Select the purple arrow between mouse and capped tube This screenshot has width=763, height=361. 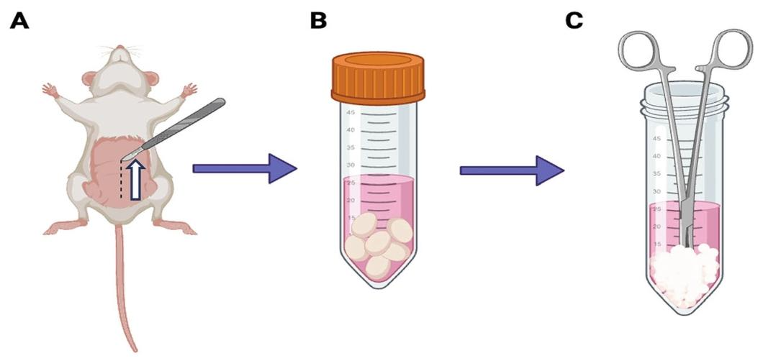(x=245, y=168)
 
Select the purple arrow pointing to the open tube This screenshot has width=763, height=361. (x=511, y=170)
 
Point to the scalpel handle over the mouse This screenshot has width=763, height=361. (x=191, y=122)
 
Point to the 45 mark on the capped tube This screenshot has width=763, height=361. (x=351, y=113)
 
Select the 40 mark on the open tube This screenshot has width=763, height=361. (x=656, y=155)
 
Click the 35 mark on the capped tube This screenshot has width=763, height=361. (x=351, y=147)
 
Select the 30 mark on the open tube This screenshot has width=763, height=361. (x=656, y=191)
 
